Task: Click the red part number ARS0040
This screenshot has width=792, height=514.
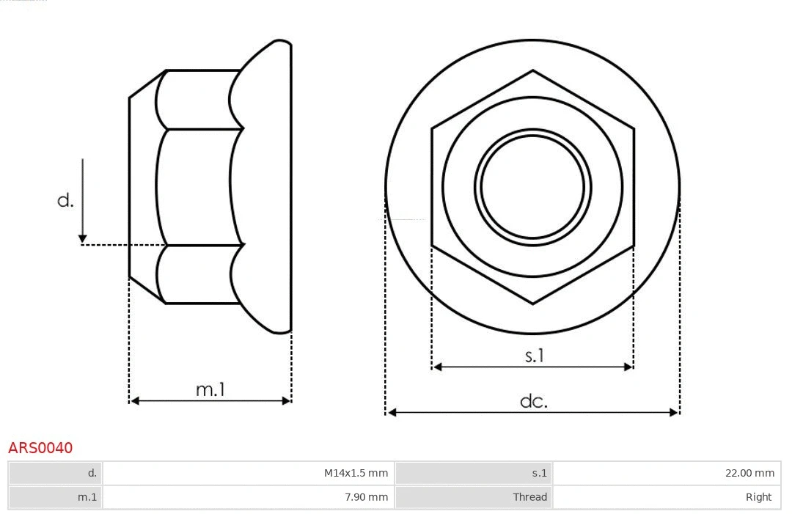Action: tap(40, 447)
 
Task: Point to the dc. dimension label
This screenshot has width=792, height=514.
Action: tap(533, 401)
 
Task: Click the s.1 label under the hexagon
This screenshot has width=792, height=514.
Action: tap(535, 356)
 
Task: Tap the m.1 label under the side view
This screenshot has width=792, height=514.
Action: tap(210, 389)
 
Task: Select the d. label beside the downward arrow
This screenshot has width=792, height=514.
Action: tap(65, 199)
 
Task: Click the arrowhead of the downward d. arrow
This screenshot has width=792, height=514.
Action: tap(83, 238)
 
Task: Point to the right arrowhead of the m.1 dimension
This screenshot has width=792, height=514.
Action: tap(287, 400)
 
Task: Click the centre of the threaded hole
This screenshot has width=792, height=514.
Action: tap(532, 186)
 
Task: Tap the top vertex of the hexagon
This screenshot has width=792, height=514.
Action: tap(532, 71)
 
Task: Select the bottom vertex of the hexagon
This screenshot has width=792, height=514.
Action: tap(532, 303)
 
